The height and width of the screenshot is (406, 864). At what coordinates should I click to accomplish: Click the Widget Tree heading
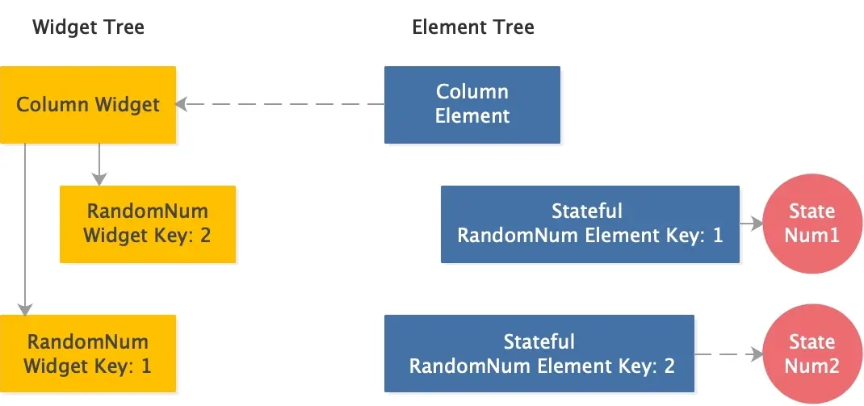[88, 27]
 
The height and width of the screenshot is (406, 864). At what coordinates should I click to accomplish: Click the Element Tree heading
[472, 27]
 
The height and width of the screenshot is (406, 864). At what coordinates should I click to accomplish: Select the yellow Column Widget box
[88, 105]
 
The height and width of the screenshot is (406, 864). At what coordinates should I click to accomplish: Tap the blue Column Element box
[472, 104]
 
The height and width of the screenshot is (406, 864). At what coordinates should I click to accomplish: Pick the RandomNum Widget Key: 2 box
[148, 224]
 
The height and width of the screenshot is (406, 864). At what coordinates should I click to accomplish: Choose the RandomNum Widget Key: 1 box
[88, 354]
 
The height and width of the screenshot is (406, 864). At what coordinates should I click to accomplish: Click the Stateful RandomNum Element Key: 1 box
[589, 224]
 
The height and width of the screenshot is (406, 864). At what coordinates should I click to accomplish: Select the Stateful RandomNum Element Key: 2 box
[539, 354]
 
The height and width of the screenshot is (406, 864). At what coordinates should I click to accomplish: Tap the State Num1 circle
[811, 224]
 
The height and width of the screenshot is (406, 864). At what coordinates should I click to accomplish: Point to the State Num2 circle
[812, 354]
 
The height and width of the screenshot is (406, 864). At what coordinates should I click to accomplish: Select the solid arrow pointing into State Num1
[752, 224]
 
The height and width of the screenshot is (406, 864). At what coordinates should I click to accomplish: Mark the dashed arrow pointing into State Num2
[729, 354]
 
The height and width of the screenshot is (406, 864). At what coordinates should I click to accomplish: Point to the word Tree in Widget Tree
[122, 27]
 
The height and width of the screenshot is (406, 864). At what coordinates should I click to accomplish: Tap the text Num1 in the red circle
[812, 236]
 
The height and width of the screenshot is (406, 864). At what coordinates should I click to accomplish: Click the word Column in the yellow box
[52, 105]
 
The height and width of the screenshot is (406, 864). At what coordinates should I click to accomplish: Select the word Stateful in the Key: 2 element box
[539, 341]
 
